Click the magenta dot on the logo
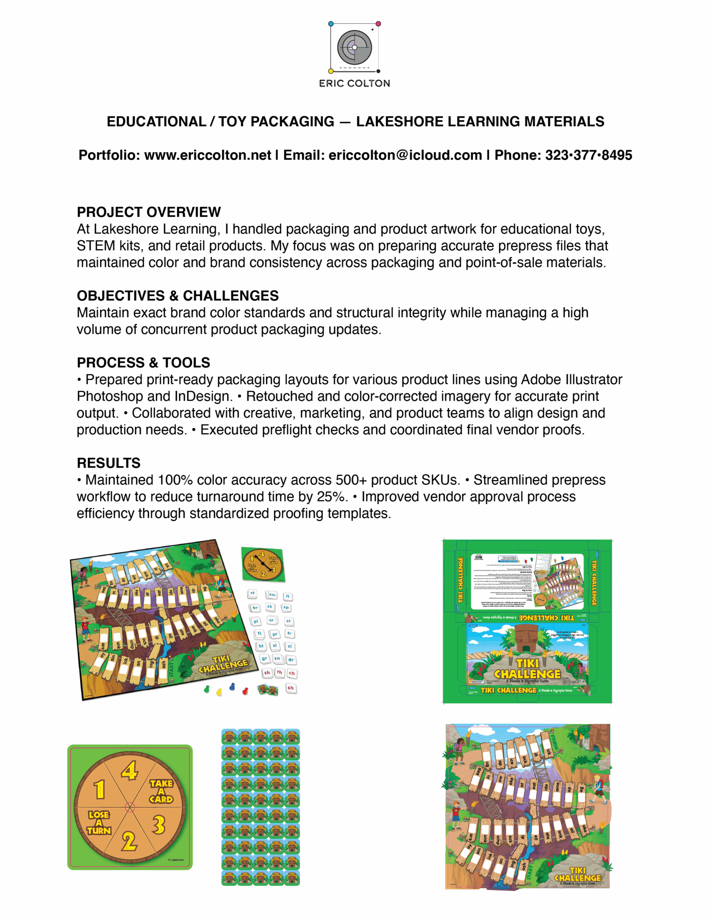coord(378,23)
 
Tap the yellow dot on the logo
coord(331,71)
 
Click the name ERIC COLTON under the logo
coord(354,84)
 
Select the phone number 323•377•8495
coord(588,155)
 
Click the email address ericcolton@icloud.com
coord(405,155)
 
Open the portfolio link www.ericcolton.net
coord(208,155)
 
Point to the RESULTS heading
coord(109,463)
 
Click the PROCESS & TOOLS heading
coord(143,363)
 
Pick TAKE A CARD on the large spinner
coord(161,792)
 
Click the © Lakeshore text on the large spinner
coord(176,860)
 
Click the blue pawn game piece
coord(232,686)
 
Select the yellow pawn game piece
coord(219,692)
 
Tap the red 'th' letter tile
coord(280,672)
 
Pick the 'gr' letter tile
coord(265,659)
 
